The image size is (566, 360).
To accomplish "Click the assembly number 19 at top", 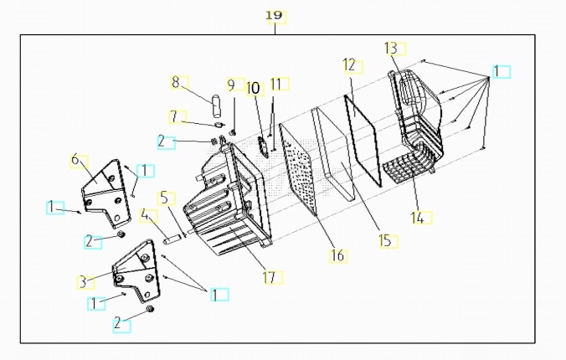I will (274, 16).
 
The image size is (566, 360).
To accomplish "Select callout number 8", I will (176, 82).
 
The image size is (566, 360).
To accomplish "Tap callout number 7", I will (173, 116).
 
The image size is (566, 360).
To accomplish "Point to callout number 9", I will (230, 85).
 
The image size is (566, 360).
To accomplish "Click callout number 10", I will (253, 86).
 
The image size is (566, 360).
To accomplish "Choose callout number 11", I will (275, 84).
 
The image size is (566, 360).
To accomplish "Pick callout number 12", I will (349, 64).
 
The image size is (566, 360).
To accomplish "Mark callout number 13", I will (390, 48).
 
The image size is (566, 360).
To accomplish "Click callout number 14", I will (416, 218).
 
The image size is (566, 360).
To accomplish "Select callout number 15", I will (384, 240).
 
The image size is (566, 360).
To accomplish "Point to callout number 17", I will (269, 276).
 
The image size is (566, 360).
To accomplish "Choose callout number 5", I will (164, 198).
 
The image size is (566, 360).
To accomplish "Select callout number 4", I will (147, 216).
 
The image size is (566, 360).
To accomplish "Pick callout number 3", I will (83, 281).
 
